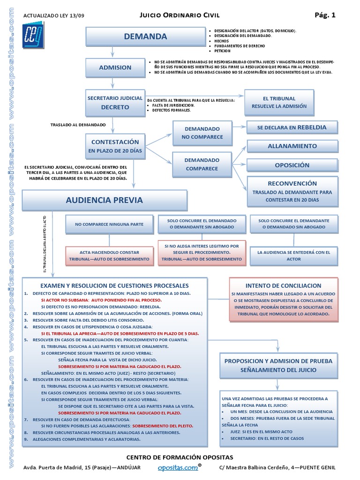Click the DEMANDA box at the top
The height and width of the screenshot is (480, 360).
(145, 37)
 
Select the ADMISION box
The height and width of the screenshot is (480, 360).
(115, 67)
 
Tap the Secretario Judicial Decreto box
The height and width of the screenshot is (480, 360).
(115, 103)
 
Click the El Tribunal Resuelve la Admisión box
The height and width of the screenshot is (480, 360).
(279, 102)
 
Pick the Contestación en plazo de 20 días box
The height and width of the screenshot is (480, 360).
(115, 146)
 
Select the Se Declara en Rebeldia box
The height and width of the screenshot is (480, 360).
(292, 127)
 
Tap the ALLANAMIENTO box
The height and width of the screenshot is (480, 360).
(292, 146)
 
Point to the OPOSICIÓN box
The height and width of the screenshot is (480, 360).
(292, 165)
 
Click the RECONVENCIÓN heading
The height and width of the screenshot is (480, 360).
(292, 183)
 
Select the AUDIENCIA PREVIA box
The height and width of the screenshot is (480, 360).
(105, 200)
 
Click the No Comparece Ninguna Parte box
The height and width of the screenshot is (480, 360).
(109, 225)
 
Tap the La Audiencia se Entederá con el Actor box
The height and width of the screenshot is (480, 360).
(293, 255)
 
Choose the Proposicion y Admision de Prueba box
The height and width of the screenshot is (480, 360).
(278, 365)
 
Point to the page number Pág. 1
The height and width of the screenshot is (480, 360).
(325, 15)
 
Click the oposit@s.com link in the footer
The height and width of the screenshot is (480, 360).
(178, 467)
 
